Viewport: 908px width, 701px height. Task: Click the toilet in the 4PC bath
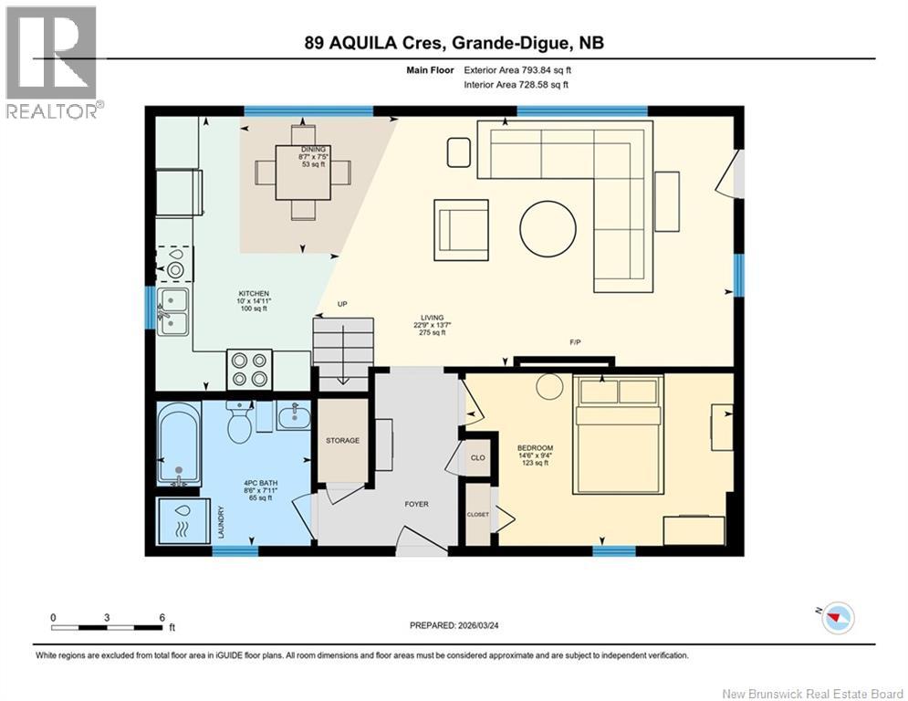point(239,424)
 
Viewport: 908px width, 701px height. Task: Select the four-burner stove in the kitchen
point(249,370)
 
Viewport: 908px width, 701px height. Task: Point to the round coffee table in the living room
point(548,224)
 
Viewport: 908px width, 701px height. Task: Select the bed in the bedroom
point(617,436)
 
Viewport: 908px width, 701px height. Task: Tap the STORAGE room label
point(342,440)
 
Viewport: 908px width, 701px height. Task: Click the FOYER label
point(416,504)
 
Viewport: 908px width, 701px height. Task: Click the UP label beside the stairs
point(342,304)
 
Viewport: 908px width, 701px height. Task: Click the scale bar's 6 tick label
point(162,617)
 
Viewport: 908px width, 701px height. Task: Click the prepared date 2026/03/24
point(479,625)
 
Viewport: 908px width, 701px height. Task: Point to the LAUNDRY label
point(221,521)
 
